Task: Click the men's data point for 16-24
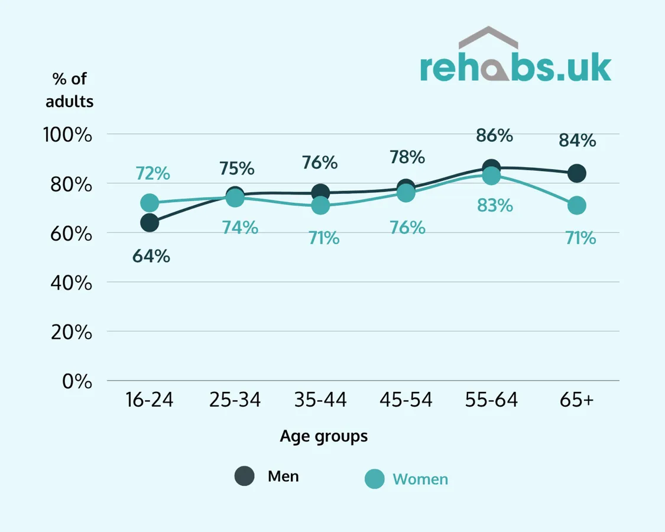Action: [150, 223]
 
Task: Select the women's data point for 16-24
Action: [150, 203]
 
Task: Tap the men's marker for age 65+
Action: [577, 173]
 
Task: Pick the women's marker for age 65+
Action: [577, 206]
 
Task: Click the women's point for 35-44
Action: [320, 206]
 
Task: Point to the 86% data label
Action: [494, 136]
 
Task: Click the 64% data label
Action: [151, 256]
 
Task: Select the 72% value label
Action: [153, 174]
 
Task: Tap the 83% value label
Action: [495, 206]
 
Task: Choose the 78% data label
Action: [407, 157]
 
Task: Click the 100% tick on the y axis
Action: [67, 135]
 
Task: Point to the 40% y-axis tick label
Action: [72, 283]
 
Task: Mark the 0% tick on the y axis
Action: [77, 381]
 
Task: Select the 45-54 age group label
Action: [406, 400]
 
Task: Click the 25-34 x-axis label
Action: [235, 400]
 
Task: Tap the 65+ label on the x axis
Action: [577, 400]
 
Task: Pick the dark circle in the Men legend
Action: [244, 476]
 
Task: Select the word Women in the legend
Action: [420, 479]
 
